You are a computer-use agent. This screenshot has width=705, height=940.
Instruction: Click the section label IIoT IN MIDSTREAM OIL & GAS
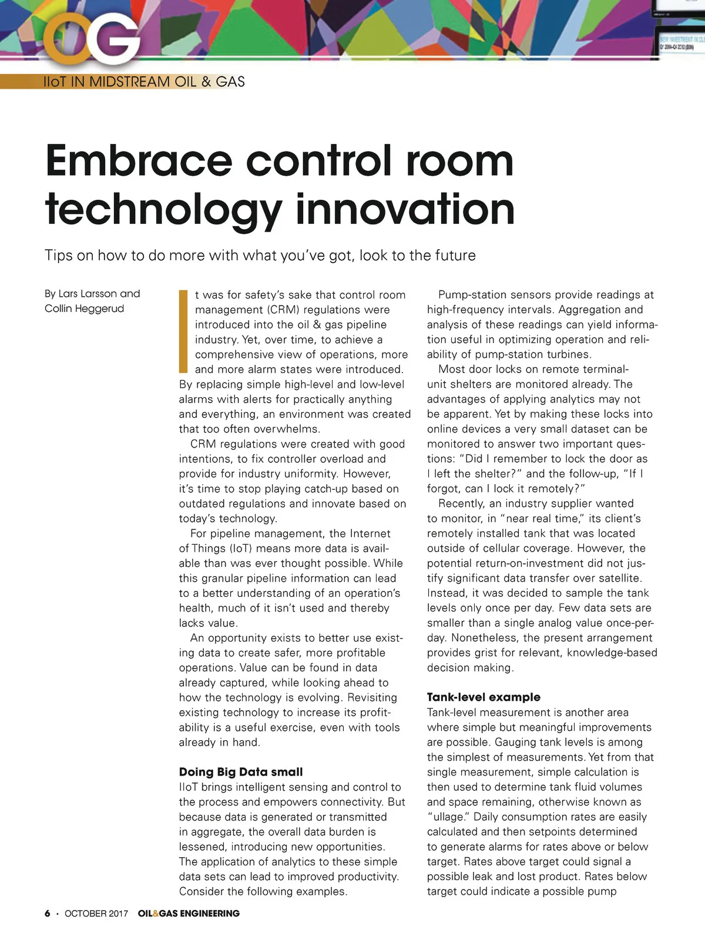click(x=144, y=82)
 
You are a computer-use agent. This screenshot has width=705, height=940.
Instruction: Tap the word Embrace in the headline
click(x=139, y=161)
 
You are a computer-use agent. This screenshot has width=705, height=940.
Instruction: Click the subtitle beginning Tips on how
click(x=260, y=256)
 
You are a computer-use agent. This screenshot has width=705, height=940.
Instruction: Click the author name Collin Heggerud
click(x=84, y=308)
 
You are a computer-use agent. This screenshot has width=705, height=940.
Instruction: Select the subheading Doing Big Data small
click(x=241, y=772)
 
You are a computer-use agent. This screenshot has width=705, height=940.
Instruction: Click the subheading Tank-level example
click(x=484, y=697)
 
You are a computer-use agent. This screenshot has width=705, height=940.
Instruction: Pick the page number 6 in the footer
click(x=48, y=914)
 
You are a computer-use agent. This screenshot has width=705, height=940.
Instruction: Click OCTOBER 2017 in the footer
click(x=96, y=914)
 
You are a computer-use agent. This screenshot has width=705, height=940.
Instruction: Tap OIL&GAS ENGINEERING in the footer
click(x=189, y=914)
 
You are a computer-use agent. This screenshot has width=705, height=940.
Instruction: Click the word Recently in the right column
click(x=461, y=503)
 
